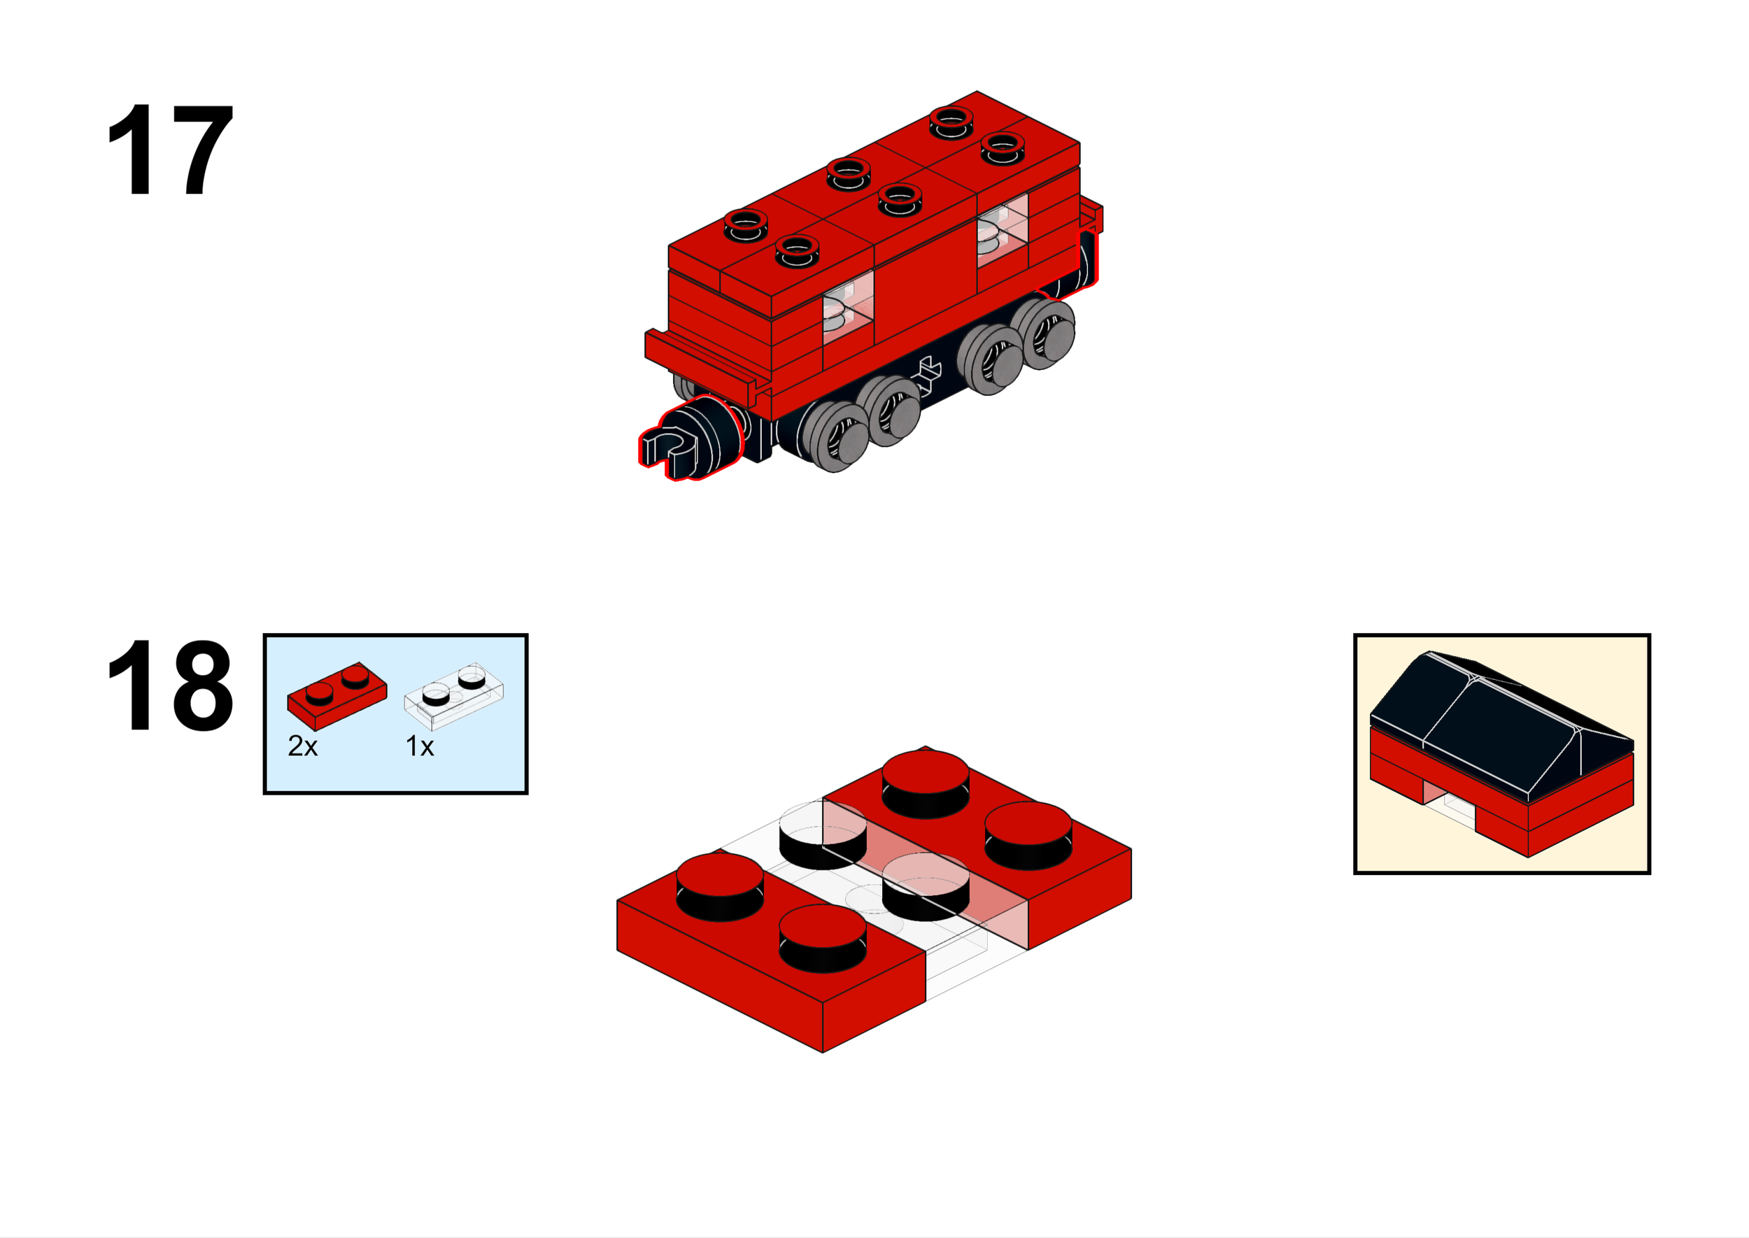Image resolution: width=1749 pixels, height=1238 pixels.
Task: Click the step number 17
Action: pos(169,150)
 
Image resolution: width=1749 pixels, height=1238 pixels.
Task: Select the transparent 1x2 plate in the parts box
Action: pos(453,695)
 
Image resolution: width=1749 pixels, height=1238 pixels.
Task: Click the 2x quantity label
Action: pos(302,746)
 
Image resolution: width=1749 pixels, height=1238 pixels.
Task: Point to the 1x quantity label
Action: pos(419,746)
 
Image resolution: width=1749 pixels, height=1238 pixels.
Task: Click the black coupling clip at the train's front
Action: pos(671,450)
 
